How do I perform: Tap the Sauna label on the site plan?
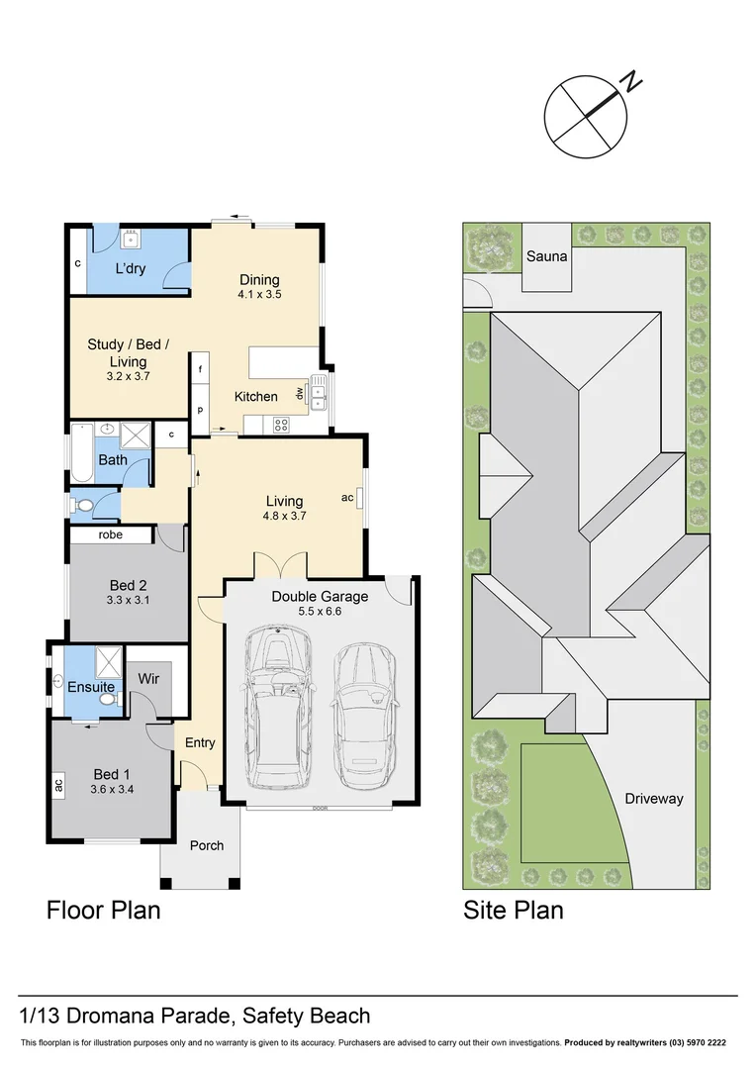click(x=546, y=256)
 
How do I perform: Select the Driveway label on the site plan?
click(x=653, y=798)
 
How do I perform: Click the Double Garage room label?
click(x=320, y=597)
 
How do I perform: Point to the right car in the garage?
click(x=365, y=709)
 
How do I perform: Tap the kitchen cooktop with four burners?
click(x=280, y=426)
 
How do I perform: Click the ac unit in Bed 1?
click(x=58, y=786)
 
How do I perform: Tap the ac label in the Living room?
click(x=347, y=497)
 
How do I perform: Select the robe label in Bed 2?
click(x=110, y=534)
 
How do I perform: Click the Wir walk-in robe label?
click(x=149, y=679)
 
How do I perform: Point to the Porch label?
click(x=206, y=844)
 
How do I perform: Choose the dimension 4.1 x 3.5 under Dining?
click(x=259, y=295)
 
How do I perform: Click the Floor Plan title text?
click(x=103, y=910)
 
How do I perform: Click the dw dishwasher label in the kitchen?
click(x=298, y=394)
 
